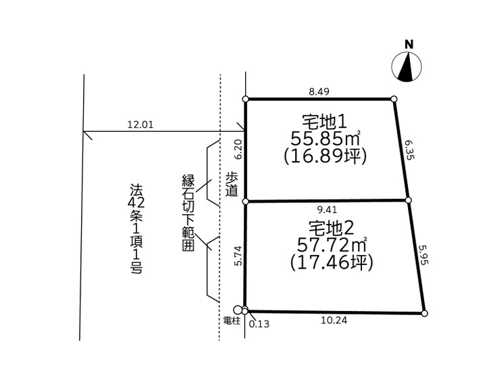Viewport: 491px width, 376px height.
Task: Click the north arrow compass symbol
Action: click(x=407, y=67)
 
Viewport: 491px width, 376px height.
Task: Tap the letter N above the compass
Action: click(x=409, y=45)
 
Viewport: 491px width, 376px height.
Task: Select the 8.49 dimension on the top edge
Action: click(x=319, y=91)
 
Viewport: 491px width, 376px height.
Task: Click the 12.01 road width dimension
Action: click(x=140, y=124)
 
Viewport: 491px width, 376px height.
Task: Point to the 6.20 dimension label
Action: click(x=238, y=149)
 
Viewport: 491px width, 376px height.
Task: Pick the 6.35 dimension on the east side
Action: click(x=409, y=150)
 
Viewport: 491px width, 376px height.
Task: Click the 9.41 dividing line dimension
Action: click(x=327, y=210)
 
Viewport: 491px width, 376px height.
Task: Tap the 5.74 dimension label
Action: click(x=238, y=256)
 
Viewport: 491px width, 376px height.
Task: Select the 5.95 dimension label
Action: click(x=423, y=254)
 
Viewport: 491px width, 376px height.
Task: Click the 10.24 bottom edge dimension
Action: click(x=334, y=320)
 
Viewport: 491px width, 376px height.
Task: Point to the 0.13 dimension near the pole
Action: click(x=259, y=324)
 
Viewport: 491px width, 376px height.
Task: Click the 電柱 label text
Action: click(x=232, y=321)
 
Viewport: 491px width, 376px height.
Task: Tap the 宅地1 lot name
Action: click(x=324, y=122)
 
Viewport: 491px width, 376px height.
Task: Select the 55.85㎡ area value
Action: click(x=326, y=139)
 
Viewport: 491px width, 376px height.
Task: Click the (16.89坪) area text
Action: click(x=325, y=156)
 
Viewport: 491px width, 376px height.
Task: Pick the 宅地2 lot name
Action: click(x=332, y=228)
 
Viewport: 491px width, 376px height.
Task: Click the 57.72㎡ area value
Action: click(x=332, y=245)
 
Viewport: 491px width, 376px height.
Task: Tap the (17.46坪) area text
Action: click(x=332, y=262)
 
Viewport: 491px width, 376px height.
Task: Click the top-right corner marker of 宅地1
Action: click(x=394, y=99)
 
